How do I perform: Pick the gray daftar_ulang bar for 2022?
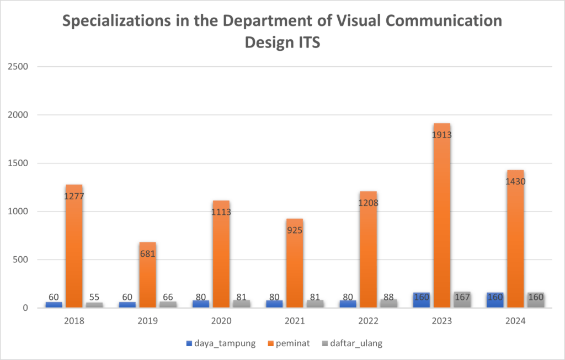click(x=388, y=303)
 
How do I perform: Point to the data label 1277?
click(x=74, y=196)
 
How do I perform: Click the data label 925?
click(x=294, y=230)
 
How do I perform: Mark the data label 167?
click(x=462, y=297)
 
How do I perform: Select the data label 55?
click(x=94, y=297)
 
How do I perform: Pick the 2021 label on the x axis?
click(x=294, y=320)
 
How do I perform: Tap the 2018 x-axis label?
click(x=74, y=320)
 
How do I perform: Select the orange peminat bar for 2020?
click(x=221, y=254)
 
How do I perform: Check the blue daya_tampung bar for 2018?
click(x=54, y=304)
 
